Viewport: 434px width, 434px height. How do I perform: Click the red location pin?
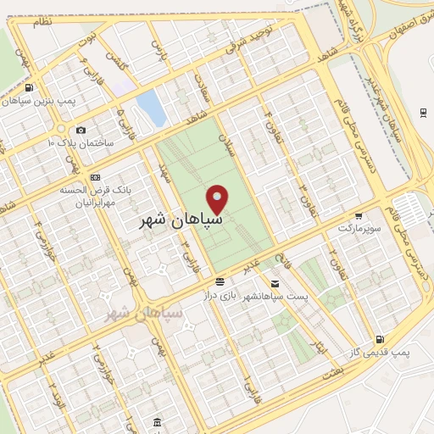pyautogui.click(x=219, y=199)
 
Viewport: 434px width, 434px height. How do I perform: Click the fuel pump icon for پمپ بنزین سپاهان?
pyautogui.click(x=31, y=87)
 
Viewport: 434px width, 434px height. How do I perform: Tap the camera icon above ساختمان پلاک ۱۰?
pyautogui.click(x=81, y=130)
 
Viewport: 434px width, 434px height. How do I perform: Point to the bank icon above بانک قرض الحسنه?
pyautogui.click(x=95, y=177)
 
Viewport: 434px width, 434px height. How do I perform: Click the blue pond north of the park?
pyautogui.click(x=150, y=108)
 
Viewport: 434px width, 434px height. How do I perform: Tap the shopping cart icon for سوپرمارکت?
pyautogui.click(x=359, y=215)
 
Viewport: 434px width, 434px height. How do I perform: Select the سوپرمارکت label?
pyautogui.click(x=357, y=228)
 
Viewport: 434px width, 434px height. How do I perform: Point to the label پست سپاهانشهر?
pyautogui.click(x=274, y=296)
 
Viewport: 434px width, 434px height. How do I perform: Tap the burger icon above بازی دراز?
pyautogui.click(x=220, y=281)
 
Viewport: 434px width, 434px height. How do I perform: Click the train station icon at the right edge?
pyautogui.click(x=422, y=112)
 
